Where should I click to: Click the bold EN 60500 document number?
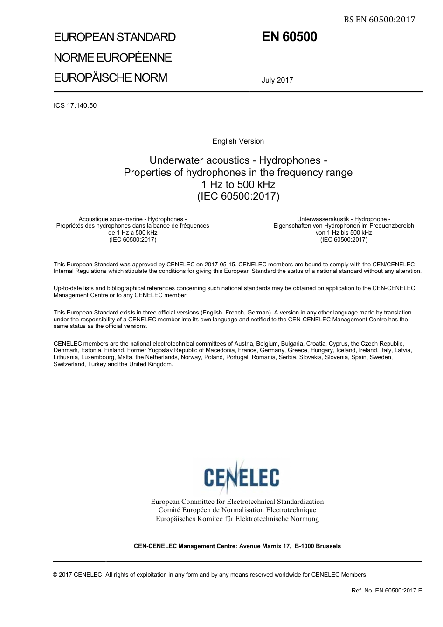pos(289,37)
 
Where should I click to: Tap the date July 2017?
pos(277,80)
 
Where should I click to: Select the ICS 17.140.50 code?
pos(75,105)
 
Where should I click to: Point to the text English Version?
pos(238,141)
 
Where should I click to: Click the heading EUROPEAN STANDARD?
pos(115,37)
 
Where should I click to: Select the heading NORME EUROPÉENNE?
pos(113,57)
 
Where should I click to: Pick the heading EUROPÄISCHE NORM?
pos(111,77)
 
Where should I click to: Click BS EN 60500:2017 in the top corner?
pos(379,20)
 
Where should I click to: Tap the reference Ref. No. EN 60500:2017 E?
pos(387,590)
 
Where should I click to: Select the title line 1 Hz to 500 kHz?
pos(238,184)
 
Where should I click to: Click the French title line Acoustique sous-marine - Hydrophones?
pos(133,219)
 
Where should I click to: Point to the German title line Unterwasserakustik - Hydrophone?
pos(344,219)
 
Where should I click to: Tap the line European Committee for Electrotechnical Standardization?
pos(237,502)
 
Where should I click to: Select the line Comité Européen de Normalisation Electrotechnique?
pos(237,510)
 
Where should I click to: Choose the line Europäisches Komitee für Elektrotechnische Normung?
pos(237,519)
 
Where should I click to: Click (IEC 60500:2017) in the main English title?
pos(238,196)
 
